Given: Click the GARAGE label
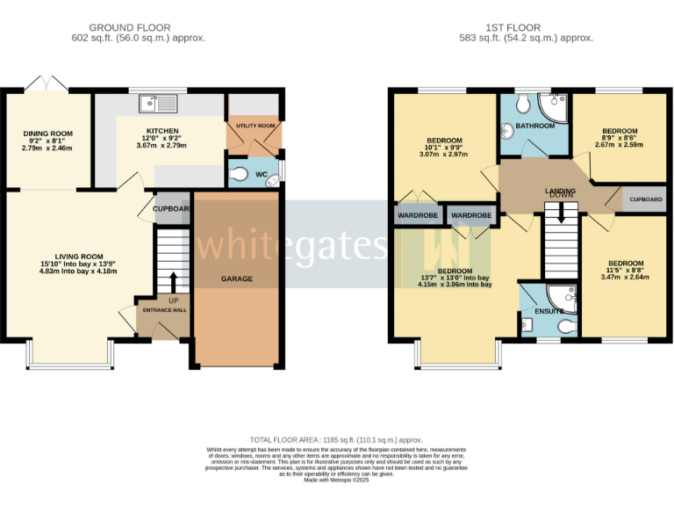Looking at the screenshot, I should click(236, 278).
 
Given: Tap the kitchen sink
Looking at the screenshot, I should click(157, 105).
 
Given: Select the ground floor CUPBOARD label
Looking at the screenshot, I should click(172, 209).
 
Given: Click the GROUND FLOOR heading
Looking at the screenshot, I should click(137, 28).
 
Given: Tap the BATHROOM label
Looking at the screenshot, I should click(534, 126).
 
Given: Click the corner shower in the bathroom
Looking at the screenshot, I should click(555, 107).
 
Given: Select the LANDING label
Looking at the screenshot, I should click(560, 191).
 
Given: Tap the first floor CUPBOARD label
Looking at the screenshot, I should click(645, 199).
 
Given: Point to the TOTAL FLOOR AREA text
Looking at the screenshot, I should click(336, 439).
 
